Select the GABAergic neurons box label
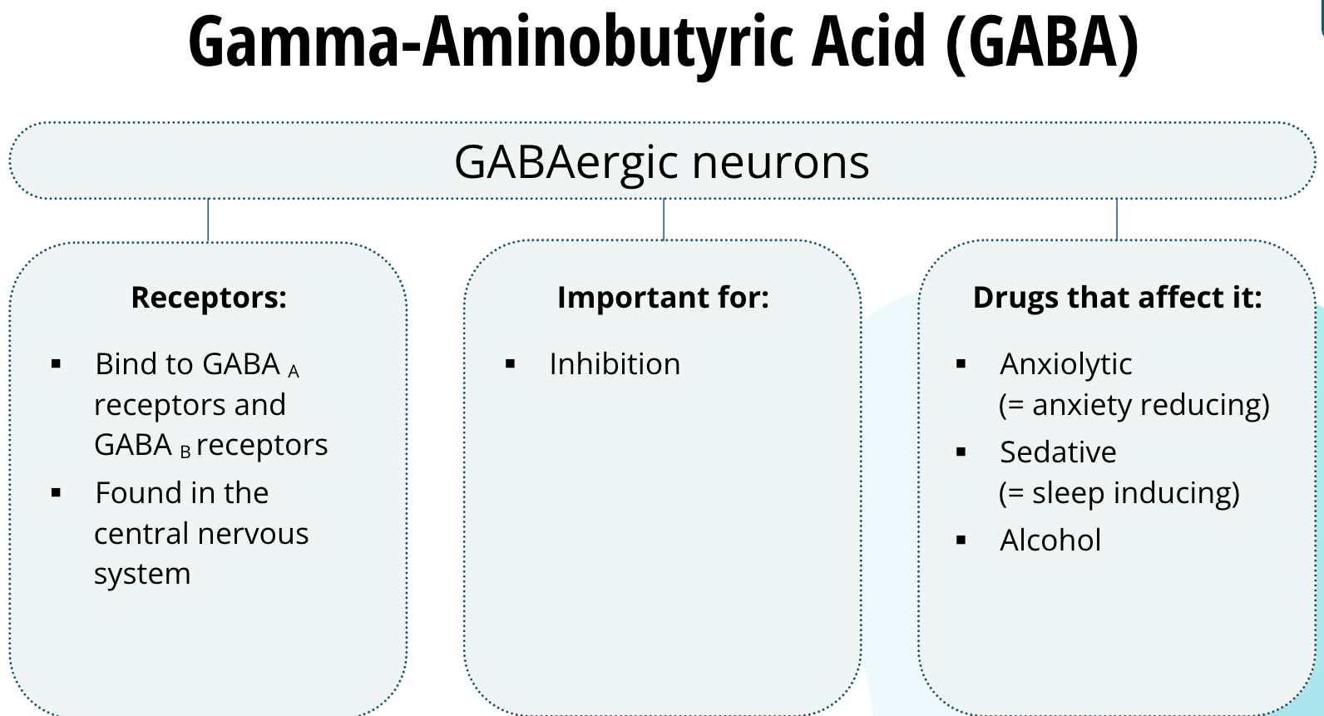[661, 162]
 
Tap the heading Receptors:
[209, 298]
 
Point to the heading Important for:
[663, 298]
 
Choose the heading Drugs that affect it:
[1117, 298]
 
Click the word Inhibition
[615, 364]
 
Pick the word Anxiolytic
[1065, 364]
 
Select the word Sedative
[1058, 452]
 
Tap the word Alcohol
[1050, 541]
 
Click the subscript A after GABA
[294, 372]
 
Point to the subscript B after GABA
[185, 452]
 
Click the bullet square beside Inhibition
[511, 364]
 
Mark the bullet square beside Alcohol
[961, 541]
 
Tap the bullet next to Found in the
[57, 493]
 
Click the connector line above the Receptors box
[208, 220]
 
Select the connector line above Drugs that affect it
[1116, 219]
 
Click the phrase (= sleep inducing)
[1119, 493]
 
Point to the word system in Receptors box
[142, 575]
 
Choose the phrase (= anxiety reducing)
[1134, 405]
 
